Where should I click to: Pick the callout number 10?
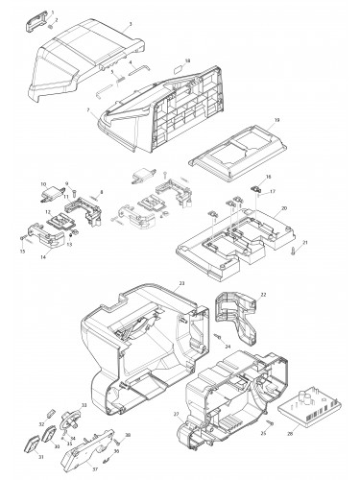(x=42, y=183)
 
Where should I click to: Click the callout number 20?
(x=284, y=207)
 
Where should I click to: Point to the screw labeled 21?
(x=292, y=252)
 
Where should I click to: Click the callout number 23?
(x=180, y=284)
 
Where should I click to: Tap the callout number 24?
(x=228, y=346)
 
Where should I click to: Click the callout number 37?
(x=94, y=470)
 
